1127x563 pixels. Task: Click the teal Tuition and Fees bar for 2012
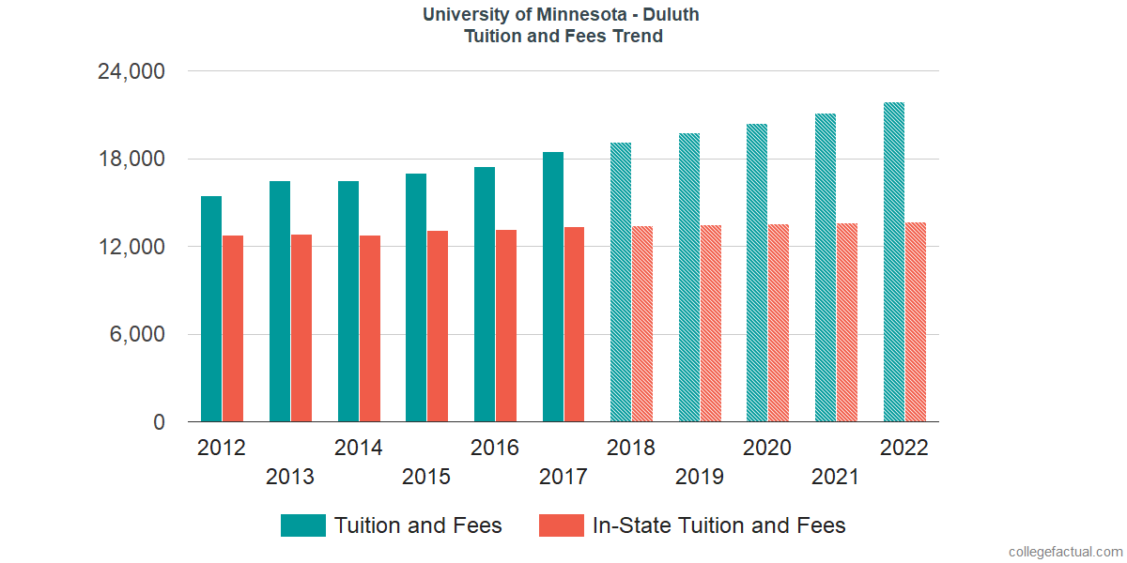click(x=211, y=309)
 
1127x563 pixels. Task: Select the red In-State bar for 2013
click(x=301, y=327)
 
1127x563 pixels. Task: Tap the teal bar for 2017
click(x=553, y=286)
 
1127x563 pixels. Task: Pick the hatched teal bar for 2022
click(x=894, y=262)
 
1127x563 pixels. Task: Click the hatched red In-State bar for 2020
click(x=779, y=323)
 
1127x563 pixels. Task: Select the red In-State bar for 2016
click(x=506, y=326)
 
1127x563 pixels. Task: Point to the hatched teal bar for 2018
click(x=621, y=282)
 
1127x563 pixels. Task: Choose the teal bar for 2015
click(x=416, y=297)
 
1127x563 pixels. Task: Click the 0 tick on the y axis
click(x=160, y=423)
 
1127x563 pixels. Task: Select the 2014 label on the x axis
click(x=358, y=448)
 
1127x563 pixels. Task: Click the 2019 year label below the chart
click(x=700, y=478)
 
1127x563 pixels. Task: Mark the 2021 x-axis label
click(x=836, y=478)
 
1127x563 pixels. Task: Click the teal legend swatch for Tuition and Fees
click(x=303, y=525)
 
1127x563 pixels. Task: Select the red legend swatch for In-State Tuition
click(x=562, y=525)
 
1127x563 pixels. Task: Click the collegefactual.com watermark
click(x=1064, y=551)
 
